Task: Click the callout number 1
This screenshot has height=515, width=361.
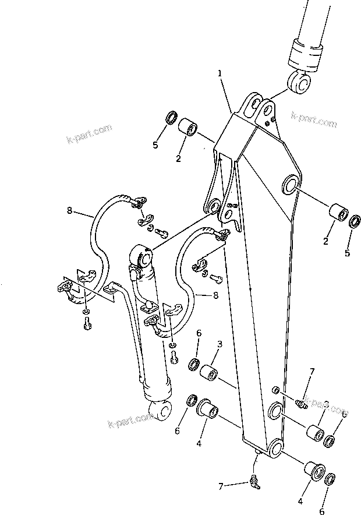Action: (220, 73)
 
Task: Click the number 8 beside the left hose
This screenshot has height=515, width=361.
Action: (70, 210)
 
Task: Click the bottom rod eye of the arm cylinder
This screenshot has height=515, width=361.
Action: (161, 411)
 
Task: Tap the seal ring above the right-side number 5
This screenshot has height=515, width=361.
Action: (355, 222)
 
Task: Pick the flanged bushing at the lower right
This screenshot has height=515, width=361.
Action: (313, 471)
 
